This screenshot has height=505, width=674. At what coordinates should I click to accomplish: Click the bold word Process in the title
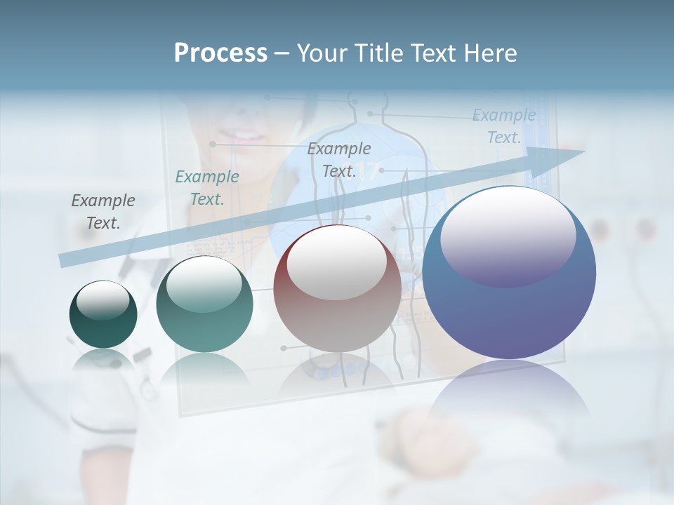point(220,53)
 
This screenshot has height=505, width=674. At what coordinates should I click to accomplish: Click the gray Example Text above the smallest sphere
point(103,212)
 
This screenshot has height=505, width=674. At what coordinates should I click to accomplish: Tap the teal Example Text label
point(206,188)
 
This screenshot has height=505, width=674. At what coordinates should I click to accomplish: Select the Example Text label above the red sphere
point(338,159)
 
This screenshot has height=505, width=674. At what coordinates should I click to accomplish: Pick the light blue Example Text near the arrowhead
point(503,126)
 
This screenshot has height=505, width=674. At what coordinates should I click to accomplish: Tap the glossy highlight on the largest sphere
point(508,236)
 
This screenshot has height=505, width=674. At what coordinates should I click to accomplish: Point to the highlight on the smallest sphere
point(103,300)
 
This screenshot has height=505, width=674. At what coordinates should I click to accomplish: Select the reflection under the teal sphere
point(204,368)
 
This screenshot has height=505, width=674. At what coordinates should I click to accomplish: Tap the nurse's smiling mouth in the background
point(241,135)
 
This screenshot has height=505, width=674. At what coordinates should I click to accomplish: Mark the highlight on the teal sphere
point(204,284)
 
